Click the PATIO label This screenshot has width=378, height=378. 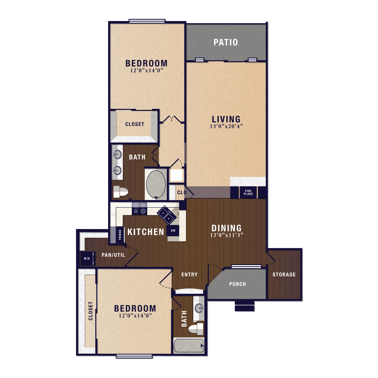pos(226,42)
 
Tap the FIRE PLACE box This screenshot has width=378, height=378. pos(248,193)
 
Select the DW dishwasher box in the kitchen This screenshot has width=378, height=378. pos(173,231)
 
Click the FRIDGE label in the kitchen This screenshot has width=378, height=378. pos(120,234)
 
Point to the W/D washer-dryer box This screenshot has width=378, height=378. pos(87,258)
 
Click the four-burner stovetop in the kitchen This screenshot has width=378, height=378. pos(139,208)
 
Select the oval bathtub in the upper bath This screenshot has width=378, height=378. pos(156,184)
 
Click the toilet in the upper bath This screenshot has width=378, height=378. pos(120,192)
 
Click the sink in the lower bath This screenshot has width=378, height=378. pos(199,308)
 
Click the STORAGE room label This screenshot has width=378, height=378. pos(284,274)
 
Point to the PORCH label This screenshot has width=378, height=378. pos(237,284)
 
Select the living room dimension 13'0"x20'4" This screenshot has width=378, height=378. pos(226,126)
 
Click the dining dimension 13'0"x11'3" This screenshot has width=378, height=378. pos(227,235)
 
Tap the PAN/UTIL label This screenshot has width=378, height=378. pos(113,255)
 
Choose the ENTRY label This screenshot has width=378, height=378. pos(189,274)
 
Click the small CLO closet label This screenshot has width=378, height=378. pos(182,193)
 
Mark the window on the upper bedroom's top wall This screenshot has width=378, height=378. pos(147,21)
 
